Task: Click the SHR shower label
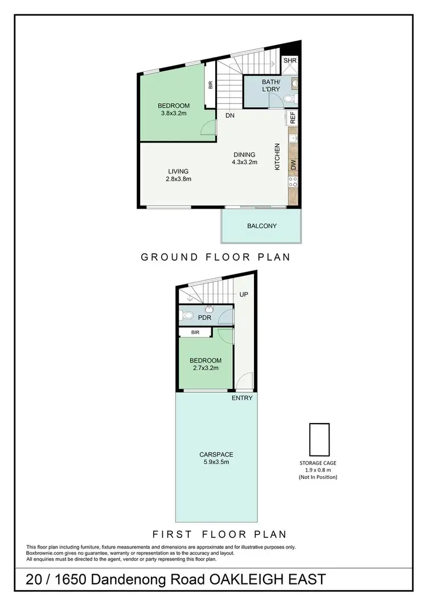290,61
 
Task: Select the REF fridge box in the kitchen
293,118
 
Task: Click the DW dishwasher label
293,165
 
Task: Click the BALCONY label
262,226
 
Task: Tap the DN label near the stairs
230,115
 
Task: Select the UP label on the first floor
244,295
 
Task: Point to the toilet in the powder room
187,315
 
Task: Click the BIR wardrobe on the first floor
196,332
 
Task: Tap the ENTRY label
242,397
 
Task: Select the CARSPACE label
216,454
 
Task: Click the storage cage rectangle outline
319,439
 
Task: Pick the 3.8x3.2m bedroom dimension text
173,113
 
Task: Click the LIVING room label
178,171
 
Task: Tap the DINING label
244,155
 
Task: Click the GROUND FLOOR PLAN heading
216,257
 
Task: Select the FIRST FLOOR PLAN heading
219,534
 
